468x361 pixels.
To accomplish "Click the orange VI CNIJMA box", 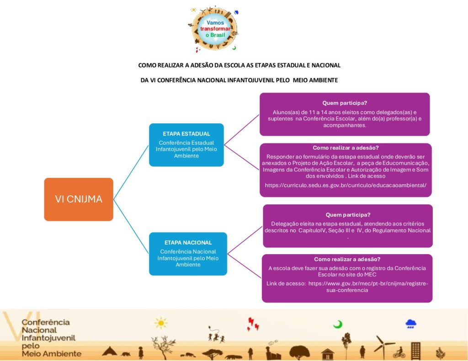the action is click(79, 199).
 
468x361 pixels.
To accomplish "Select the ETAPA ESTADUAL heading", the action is click(186, 134).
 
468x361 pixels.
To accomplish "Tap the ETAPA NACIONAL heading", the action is click(188, 243).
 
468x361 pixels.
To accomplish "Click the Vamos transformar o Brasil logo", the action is click(214, 29).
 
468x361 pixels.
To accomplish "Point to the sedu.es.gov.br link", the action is click(346, 185).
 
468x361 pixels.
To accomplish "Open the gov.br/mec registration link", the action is click(368, 287).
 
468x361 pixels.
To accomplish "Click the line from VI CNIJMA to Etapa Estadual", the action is click(131, 173).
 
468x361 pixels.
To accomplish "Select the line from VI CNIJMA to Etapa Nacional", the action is click(131, 226).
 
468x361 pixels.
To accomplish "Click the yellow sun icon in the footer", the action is click(161, 323).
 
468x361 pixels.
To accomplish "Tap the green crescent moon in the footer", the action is click(338, 324).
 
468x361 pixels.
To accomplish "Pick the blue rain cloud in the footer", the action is click(411, 324).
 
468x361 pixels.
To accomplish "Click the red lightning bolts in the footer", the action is click(252, 324).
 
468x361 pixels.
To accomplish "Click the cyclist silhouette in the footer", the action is click(399, 353).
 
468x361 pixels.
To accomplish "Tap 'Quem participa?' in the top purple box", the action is click(345, 103).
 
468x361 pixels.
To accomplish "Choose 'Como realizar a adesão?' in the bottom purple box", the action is click(347, 259).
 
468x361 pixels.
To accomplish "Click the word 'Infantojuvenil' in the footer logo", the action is click(48, 338).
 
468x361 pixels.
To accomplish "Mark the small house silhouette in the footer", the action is click(328, 354).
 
